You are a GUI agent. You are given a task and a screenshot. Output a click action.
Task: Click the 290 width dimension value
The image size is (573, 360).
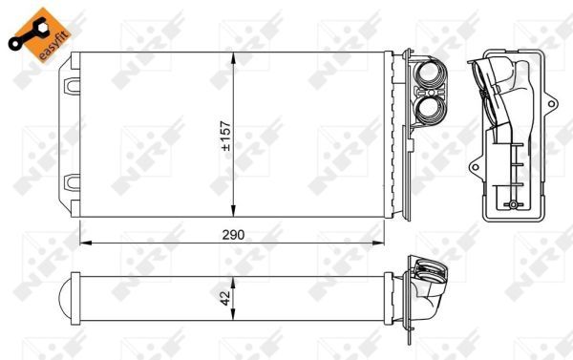click(233, 235)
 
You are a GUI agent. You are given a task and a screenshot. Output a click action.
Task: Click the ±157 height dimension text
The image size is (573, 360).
click(226, 136)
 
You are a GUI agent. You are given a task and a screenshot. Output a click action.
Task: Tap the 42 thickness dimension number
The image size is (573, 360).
click(225, 298)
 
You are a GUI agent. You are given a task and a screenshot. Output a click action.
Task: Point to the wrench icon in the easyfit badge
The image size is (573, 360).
click(29, 34)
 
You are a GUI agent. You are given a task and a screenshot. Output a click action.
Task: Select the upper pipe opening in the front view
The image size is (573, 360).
click(432, 75)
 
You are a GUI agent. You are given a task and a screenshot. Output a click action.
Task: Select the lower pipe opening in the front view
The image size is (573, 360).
click(432, 110)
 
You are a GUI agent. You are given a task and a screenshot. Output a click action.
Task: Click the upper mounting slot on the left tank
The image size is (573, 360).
click(72, 86)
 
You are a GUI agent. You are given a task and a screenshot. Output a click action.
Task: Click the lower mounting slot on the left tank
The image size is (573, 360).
click(72, 182)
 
